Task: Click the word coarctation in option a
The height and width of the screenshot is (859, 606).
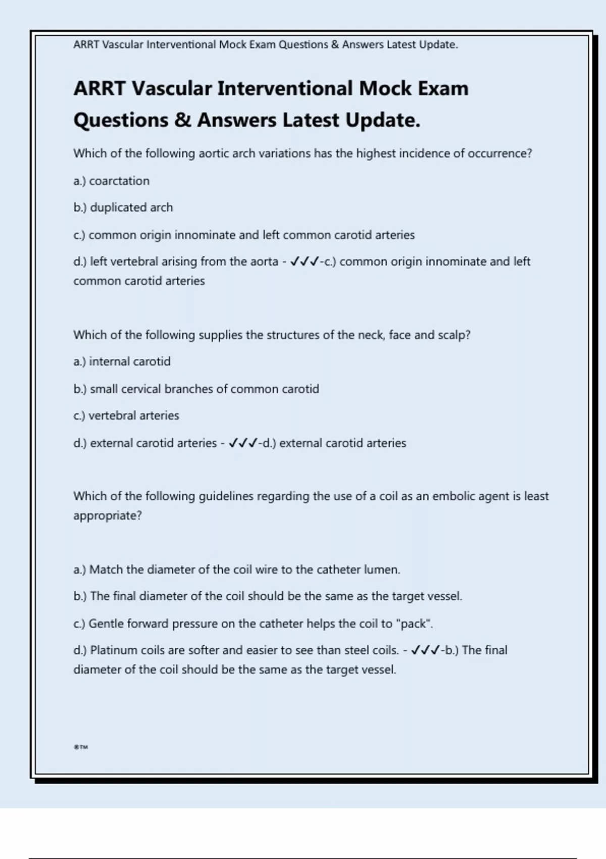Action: pyautogui.click(x=119, y=181)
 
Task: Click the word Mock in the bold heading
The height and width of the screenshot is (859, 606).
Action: pyautogui.click(x=385, y=88)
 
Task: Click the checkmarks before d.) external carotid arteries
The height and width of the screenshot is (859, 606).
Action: pyautogui.click(x=243, y=443)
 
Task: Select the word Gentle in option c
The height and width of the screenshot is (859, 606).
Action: pyautogui.click(x=106, y=624)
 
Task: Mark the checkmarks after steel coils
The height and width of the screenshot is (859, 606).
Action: pyautogui.click(x=425, y=650)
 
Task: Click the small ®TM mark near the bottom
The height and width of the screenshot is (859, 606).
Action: pyautogui.click(x=81, y=747)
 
